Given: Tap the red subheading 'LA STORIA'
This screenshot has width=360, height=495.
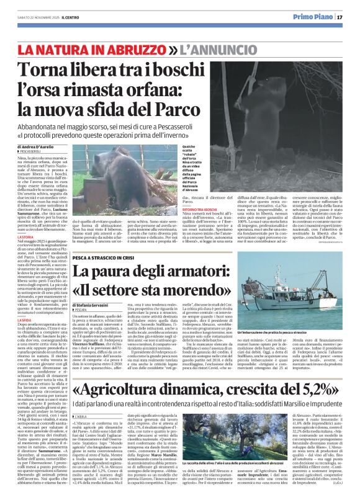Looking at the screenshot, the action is click(25, 236).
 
